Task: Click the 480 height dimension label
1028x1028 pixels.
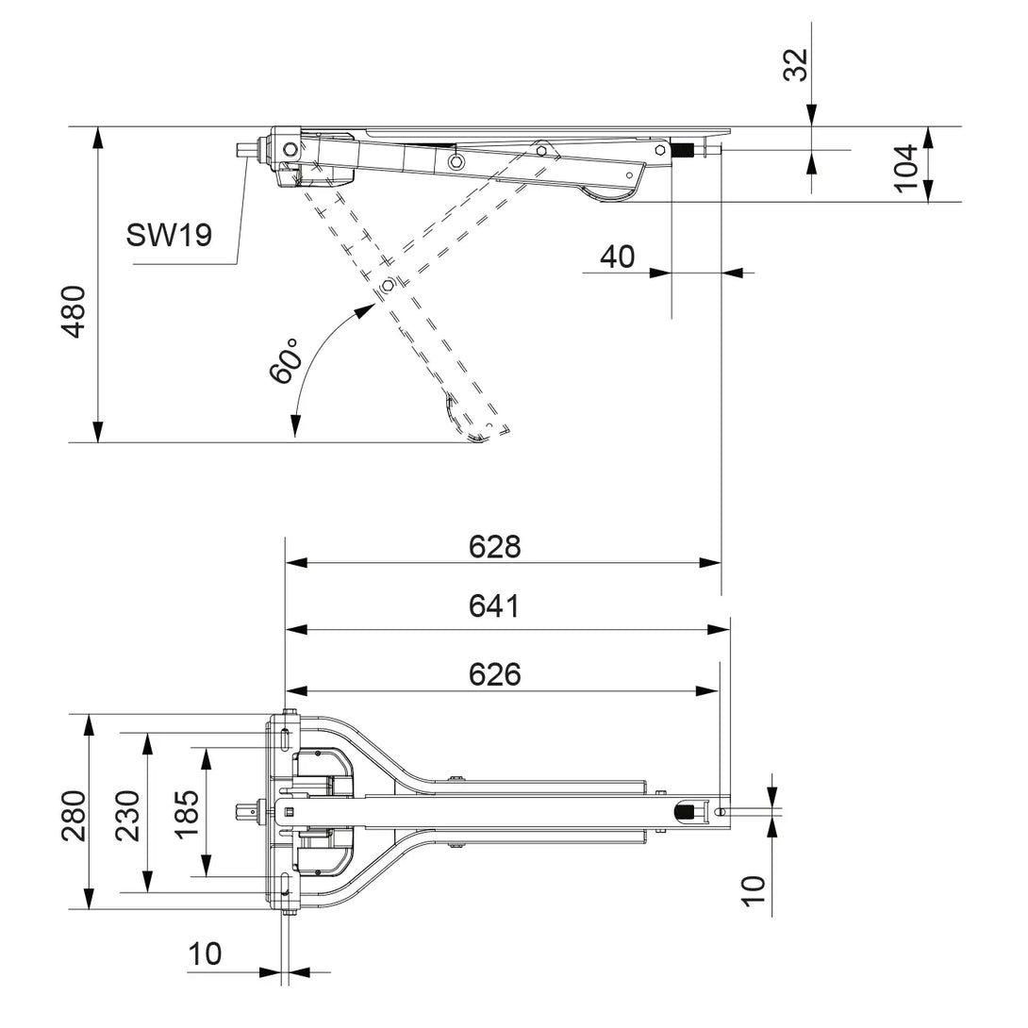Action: (x=74, y=311)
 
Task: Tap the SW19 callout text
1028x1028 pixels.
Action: (x=170, y=235)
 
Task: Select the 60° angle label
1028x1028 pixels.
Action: (x=284, y=361)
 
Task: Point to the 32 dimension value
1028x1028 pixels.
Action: (x=798, y=64)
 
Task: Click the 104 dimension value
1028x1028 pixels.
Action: (x=906, y=168)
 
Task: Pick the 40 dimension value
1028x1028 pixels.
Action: (x=618, y=257)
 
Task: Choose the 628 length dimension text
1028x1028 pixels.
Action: (x=495, y=546)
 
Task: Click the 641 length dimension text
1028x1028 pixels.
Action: (x=495, y=606)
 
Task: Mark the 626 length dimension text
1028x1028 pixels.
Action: (x=495, y=674)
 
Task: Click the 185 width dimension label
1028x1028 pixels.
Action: (x=188, y=813)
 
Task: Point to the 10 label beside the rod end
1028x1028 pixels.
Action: (x=754, y=890)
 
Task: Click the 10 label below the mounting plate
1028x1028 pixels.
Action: (x=205, y=954)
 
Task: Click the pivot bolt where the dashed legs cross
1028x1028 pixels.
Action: (x=387, y=286)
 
